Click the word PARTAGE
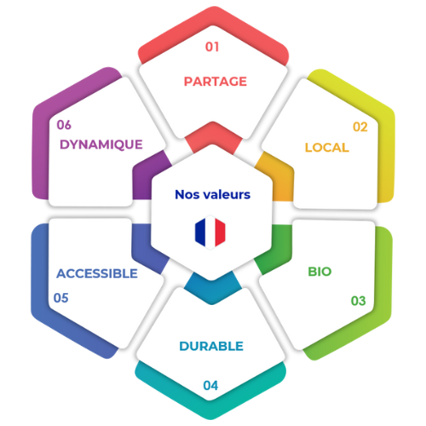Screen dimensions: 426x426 (x=216, y=82)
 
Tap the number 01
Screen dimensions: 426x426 (x=212, y=47)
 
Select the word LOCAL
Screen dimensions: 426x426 (x=327, y=147)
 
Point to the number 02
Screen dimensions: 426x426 (x=360, y=127)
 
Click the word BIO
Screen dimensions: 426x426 (x=319, y=272)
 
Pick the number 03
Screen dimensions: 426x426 (x=358, y=301)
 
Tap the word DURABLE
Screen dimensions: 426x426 (x=211, y=346)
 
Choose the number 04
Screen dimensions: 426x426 (x=210, y=385)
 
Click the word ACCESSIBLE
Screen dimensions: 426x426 (x=97, y=273)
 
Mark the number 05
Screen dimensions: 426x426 (x=60, y=298)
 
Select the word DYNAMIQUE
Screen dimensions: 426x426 (x=101, y=145)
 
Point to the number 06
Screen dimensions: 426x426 (x=64, y=125)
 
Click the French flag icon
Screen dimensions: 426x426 (x=210, y=232)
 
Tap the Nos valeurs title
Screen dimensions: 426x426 (x=213, y=194)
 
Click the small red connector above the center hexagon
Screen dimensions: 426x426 (x=213, y=136)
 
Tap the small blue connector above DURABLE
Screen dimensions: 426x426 (x=212, y=288)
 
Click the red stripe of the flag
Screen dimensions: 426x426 (x=220, y=232)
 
